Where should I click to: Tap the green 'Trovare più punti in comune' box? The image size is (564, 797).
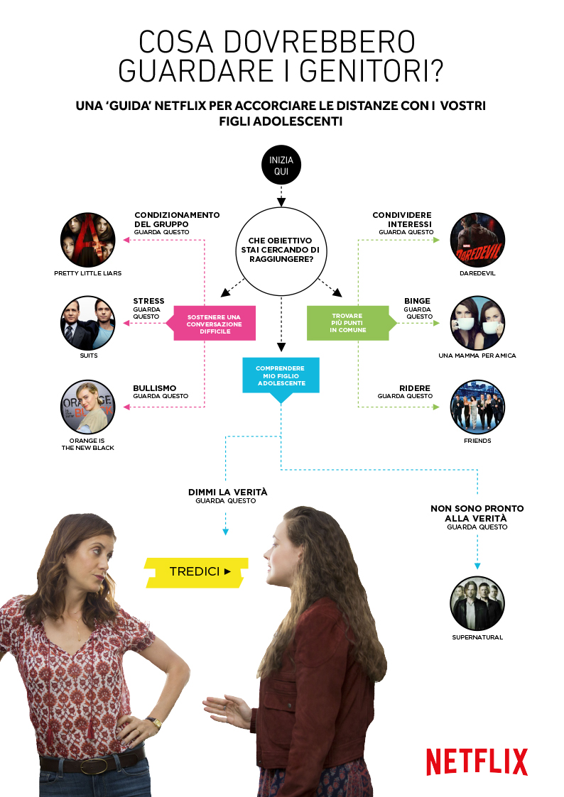(347, 324)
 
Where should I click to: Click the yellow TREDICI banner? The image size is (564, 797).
(197, 571)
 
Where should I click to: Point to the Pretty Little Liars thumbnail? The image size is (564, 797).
(87, 239)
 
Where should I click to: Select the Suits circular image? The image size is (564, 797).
(87, 324)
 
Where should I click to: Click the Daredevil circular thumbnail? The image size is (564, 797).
(477, 239)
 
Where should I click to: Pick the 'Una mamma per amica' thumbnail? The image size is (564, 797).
(477, 324)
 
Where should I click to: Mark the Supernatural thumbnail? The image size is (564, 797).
(477, 604)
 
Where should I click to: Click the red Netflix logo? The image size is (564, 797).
(477, 762)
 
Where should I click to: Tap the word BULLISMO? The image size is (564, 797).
(154, 387)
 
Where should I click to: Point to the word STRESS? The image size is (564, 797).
(148, 301)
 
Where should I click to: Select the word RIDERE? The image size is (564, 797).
(415, 387)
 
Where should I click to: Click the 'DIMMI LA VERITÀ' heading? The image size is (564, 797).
(227, 492)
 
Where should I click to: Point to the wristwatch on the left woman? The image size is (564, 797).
(154, 722)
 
